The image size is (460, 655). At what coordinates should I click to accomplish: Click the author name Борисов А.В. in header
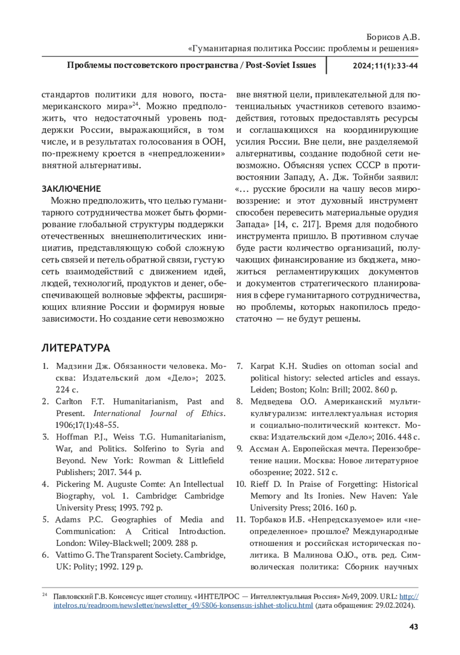(393, 37)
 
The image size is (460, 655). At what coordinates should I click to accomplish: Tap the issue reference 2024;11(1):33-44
(385, 65)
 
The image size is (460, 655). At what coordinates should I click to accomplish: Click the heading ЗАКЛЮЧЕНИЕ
(71, 189)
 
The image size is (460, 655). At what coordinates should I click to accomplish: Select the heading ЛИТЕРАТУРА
(76, 348)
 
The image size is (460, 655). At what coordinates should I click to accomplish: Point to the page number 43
(414, 627)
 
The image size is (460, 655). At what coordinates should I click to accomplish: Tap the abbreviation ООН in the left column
(213, 142)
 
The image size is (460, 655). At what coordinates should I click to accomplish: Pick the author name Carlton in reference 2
(69, 401)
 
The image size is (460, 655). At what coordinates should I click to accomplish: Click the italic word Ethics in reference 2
(212, 413)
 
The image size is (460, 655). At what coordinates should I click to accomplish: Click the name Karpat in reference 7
(262, 366)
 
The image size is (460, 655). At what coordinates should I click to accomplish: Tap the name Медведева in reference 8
(272, 401)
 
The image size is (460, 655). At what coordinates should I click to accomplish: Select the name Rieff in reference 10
(260, 484)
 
